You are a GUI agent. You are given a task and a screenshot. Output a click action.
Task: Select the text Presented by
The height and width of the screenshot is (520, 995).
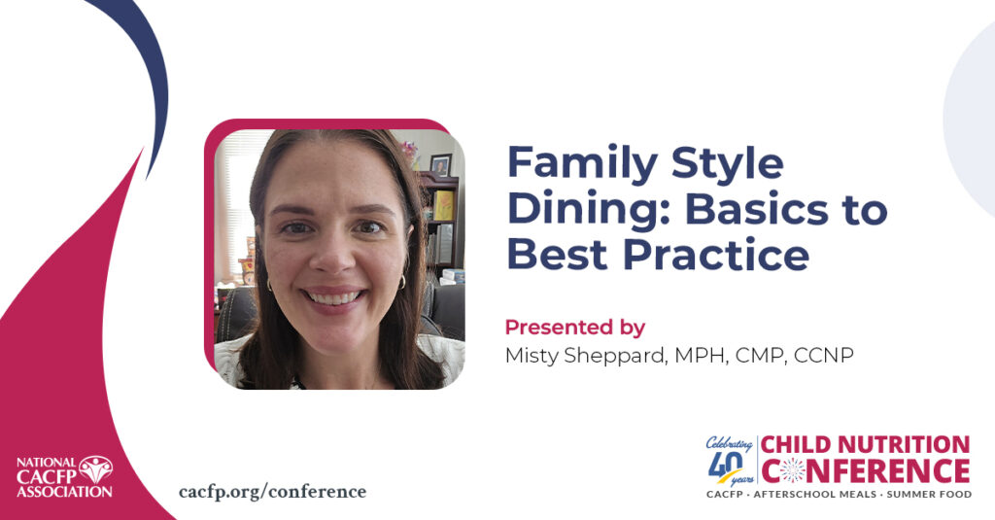click(x=575, y=328)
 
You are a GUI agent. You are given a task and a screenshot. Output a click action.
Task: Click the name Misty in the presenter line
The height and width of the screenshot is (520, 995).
click(x=532, y=356)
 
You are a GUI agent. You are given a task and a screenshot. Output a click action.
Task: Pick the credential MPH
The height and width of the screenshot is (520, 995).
click(x=700, y=356)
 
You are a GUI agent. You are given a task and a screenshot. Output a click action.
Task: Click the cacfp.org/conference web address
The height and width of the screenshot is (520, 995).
click(x=272, y=492)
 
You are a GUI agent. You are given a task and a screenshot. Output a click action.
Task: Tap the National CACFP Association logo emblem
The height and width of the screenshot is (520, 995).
click(x=96, y=469)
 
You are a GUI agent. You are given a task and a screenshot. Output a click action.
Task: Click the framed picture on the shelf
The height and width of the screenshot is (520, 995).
click(x=440, y=164)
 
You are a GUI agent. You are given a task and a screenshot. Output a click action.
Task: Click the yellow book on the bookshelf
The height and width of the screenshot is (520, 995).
click(x=443, y=205)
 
